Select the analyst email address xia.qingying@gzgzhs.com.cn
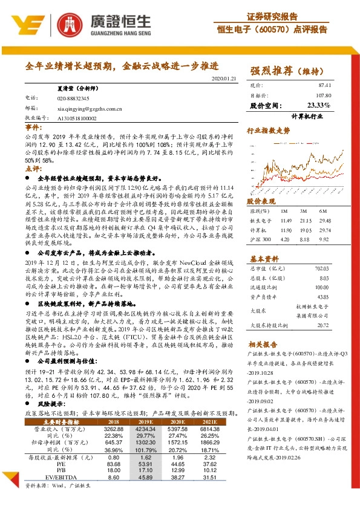tap(90, 109)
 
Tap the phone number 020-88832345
tap(73, 97)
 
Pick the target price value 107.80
tap(322, 96)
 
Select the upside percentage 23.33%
tap(320, 105)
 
